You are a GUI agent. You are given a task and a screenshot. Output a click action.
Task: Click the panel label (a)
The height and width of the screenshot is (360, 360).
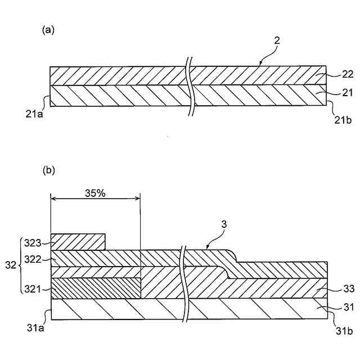tap(48, 30)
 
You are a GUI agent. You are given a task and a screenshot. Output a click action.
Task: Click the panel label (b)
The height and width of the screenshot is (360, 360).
tap(48, 169)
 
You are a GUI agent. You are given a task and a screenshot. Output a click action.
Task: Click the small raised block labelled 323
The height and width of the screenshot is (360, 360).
tap(78, 242)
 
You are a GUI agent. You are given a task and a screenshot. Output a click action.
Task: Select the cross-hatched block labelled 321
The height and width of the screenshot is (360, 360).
tap(95, 288)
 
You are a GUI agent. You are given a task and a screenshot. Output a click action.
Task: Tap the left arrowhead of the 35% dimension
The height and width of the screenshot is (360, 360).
tap(53, 197)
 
